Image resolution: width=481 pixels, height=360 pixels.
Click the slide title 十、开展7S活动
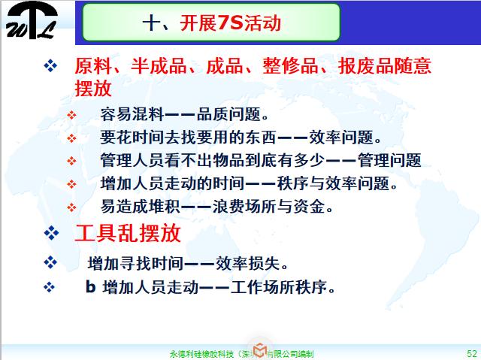coord(210,23)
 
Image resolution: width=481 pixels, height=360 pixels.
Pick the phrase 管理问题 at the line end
coord(391,161)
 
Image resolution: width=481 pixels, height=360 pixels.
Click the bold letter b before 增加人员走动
coord(90,287)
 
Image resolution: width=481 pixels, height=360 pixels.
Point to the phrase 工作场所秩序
coord(288,287)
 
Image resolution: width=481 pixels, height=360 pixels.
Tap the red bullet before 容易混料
coord(72,116)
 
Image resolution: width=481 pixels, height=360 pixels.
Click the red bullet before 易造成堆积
coord(72,206)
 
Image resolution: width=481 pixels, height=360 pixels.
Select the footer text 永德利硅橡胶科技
coord(203,352)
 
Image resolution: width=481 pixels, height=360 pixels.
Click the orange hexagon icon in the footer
coord(259,349)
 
